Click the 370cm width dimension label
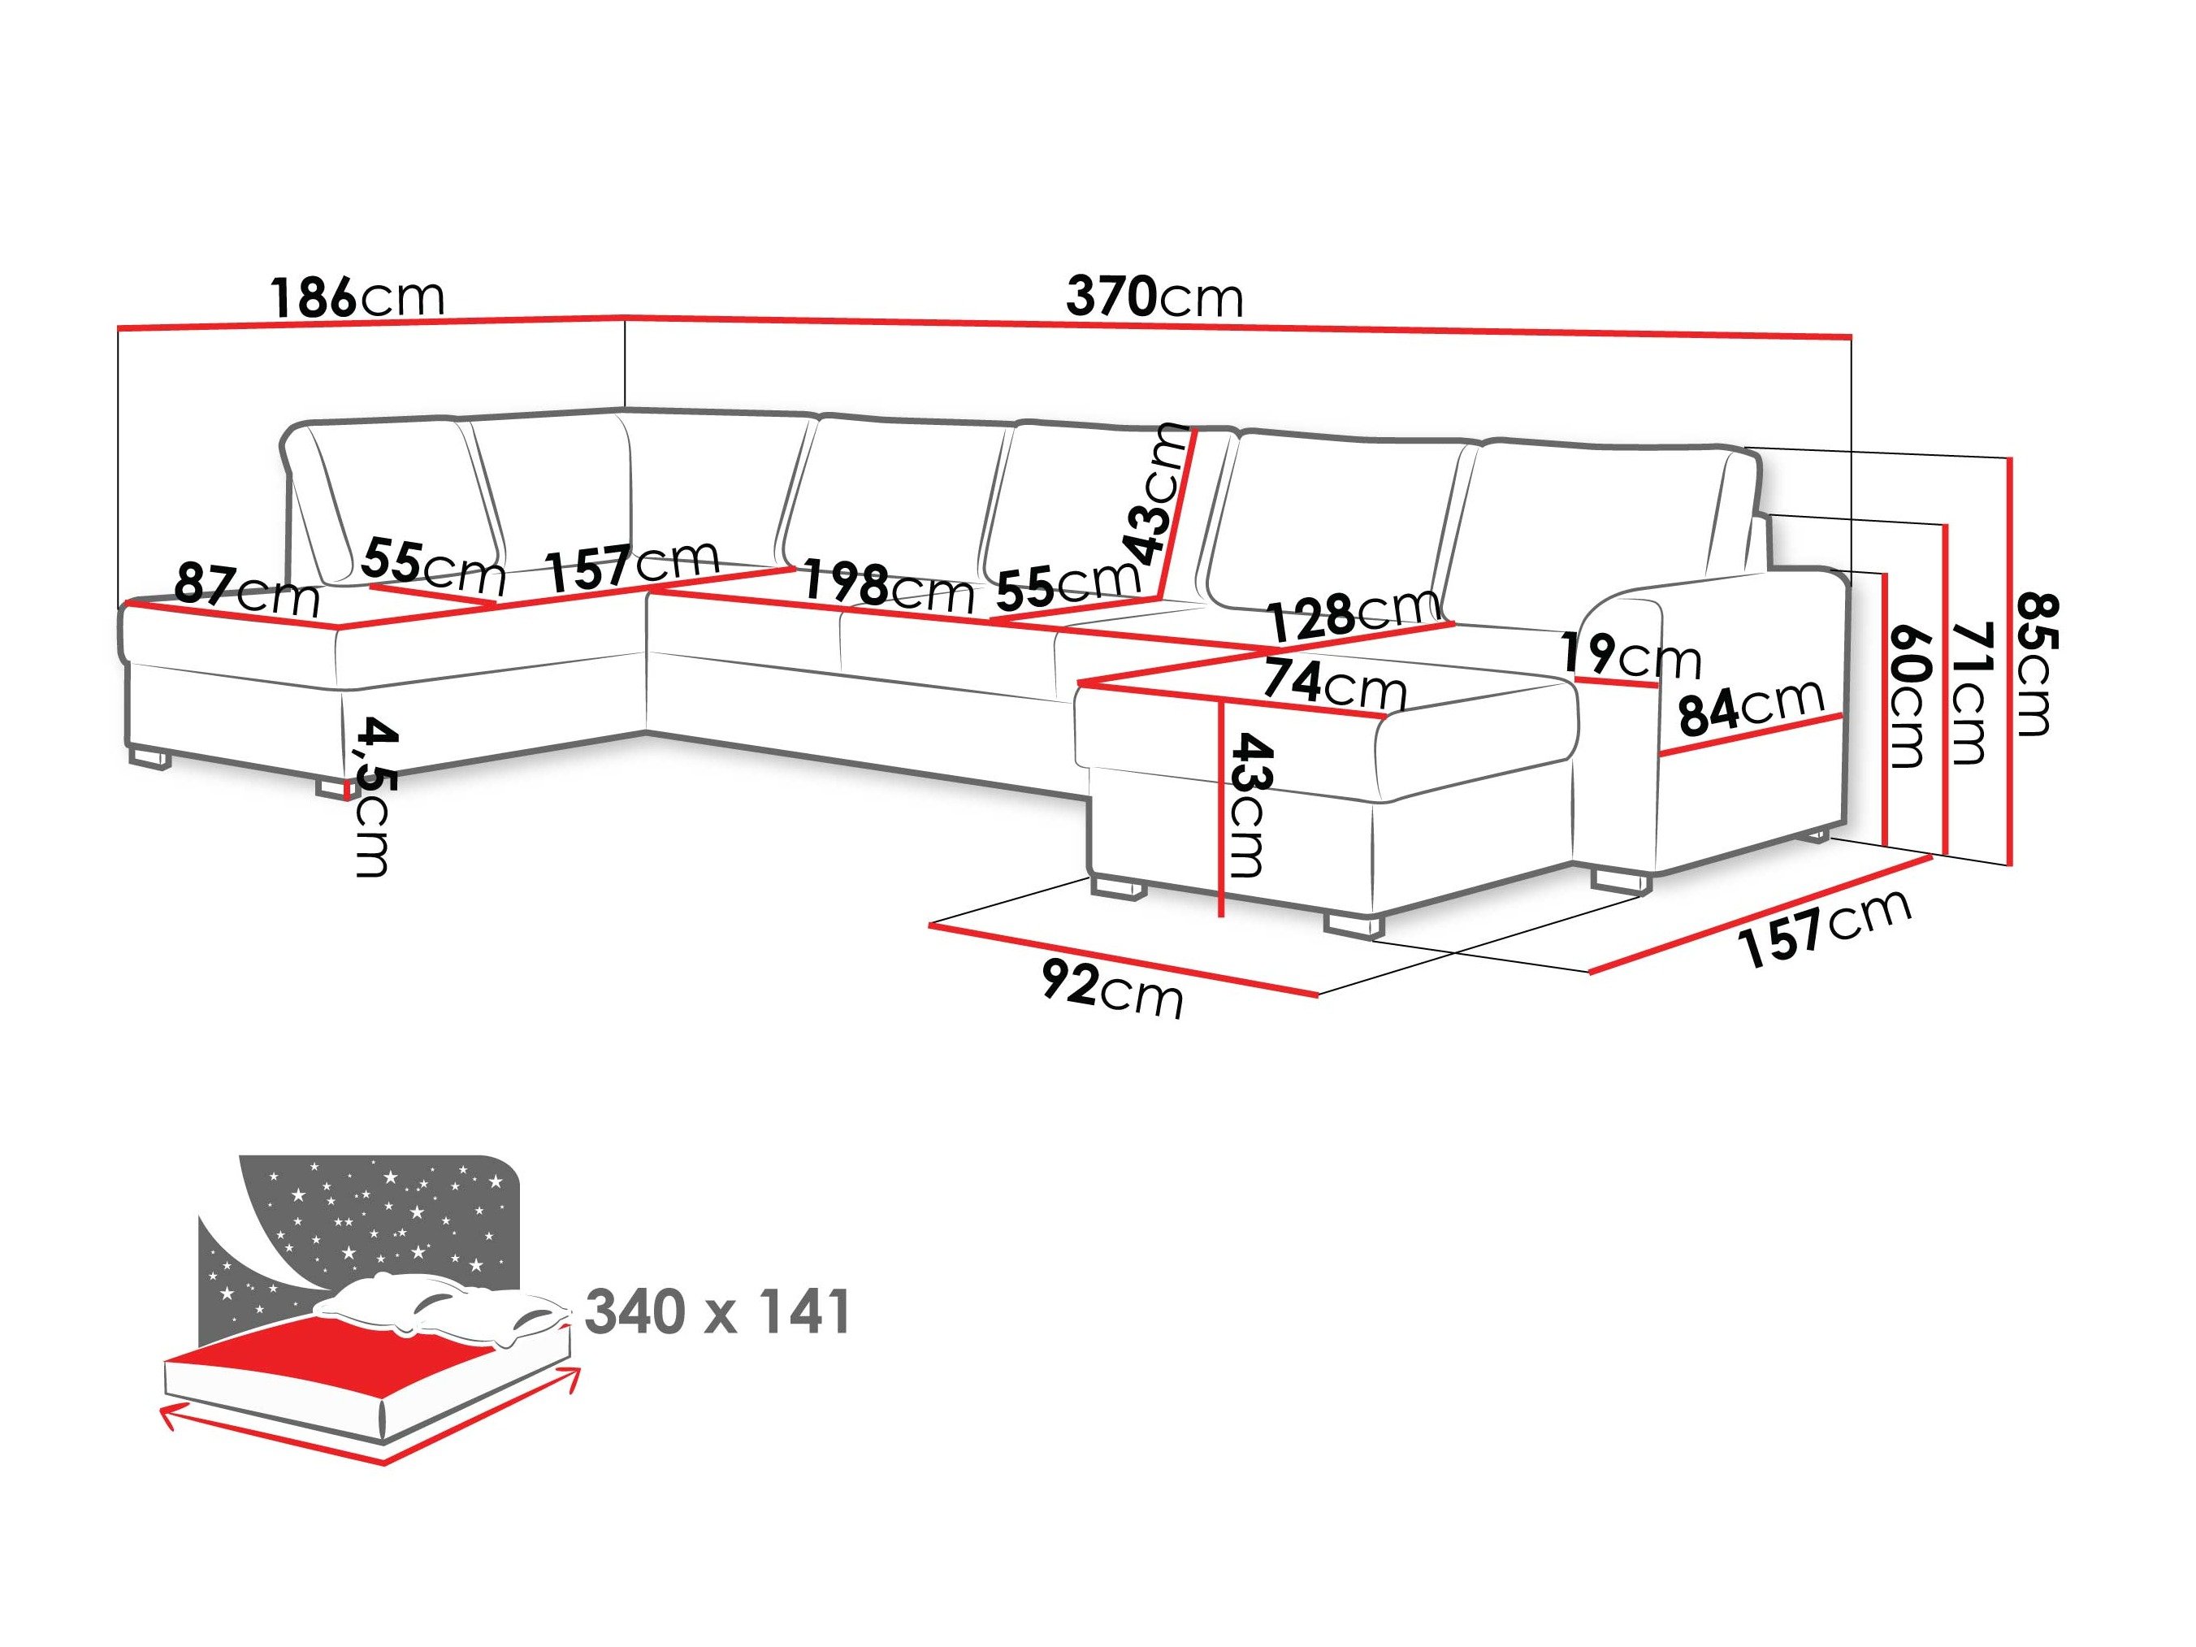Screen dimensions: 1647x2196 [1154, 296]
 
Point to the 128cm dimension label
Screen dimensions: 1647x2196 [1354, 616]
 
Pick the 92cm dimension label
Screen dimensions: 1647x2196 [1112, 989]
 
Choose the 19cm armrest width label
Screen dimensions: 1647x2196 [1629, 654]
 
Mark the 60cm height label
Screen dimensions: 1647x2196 [1908, 695]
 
